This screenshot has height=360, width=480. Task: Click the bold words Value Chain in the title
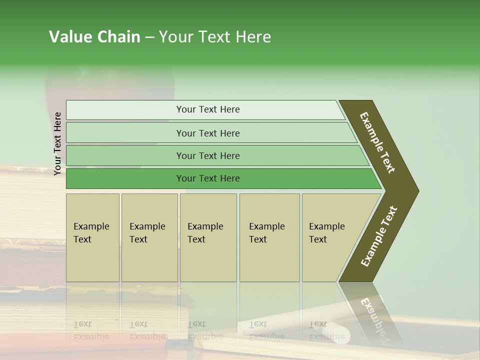tap(94, 37)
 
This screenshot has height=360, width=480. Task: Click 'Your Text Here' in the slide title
tap(215, 37)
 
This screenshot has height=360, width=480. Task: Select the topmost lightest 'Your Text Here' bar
tap(207, 109)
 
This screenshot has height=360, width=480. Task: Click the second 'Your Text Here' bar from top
tap(207, 133)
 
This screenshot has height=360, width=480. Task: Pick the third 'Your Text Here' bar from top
tap(207, 155)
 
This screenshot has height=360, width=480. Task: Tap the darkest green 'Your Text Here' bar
tap(207, 178)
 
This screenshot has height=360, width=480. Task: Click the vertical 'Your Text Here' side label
tap(57, 143)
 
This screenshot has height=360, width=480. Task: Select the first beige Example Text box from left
tap(92, 237)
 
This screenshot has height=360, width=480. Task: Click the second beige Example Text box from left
tap(149, 237)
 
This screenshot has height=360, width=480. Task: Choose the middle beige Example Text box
tap(207, 237)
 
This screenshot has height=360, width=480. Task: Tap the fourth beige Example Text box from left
tap(269, 237)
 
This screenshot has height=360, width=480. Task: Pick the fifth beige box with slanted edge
tap(330, 237)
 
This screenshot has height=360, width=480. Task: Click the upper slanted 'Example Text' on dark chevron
tap(377, 142)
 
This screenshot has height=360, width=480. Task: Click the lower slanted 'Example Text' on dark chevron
tap(378, 236)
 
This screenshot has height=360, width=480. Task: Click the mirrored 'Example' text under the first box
tap(91, 336)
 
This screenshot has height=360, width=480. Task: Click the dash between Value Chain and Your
tap(149, 37)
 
